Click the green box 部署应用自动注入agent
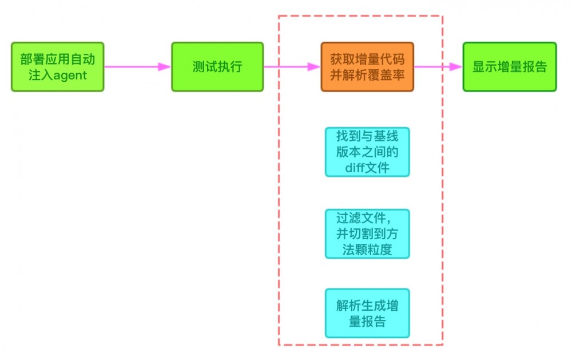[x=57, y=66]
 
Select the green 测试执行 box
[x=217, y=66]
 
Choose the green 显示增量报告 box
[x=509, y=66]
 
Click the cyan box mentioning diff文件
[x=367, y=152]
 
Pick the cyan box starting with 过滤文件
[x=367, y=234]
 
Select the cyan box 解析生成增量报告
[x=367, y=313]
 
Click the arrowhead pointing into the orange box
[x=314, y=66]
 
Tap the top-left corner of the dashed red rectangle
[x=279, y=16]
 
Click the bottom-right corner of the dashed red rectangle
[x=443, y=345]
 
